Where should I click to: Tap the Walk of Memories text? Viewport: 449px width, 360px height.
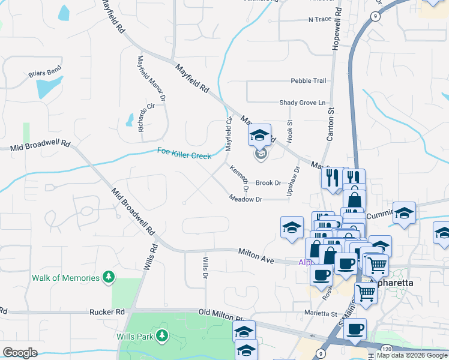click(65, 278)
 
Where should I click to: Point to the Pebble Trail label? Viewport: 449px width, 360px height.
click(308, 81)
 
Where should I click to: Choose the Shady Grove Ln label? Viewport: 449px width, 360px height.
click(306, 103)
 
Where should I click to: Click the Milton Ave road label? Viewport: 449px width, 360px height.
click(256, 256)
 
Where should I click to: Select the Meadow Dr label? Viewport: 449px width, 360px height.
click(245, 199)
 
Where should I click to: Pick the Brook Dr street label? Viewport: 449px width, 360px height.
click(268, 182)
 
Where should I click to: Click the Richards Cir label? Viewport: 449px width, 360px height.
click(142, 117)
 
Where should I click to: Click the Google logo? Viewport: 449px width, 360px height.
click(20, 353)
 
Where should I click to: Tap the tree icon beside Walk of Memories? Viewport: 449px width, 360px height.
click(109, 277)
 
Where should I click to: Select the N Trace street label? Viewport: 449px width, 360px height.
click(319, 20)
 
